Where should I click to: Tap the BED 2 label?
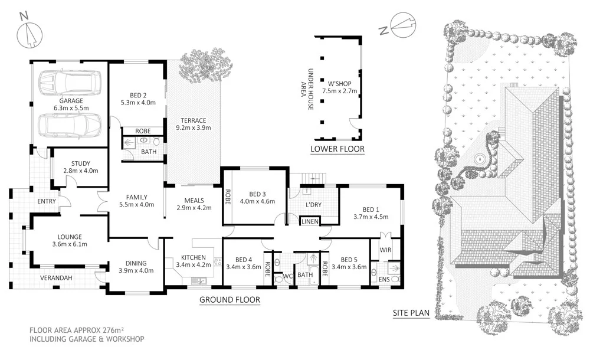pos(137,93)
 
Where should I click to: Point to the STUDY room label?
pos(80,163)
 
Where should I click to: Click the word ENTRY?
pos(46,201)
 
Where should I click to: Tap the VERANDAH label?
pos(57,278)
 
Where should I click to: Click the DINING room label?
pos(136,264)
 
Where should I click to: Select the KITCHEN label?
pos(193,257)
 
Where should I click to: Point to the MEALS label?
pos(194,200)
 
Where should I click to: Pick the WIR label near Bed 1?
pos(386,250)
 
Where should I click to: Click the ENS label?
pos(384,279)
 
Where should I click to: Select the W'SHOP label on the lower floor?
pos(336,83)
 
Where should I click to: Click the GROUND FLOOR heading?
pos(230,300)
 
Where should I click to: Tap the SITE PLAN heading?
pos(411,313)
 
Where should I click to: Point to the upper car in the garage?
pos(70,83)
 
